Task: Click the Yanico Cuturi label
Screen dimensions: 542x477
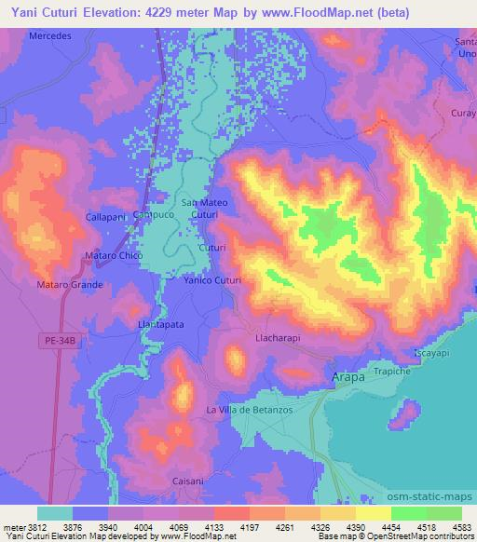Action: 212,280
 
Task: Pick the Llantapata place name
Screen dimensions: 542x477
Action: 161,324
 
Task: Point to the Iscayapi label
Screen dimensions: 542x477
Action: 432,355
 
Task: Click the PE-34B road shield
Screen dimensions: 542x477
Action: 61,342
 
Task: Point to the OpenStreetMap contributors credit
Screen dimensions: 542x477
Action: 429,537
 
